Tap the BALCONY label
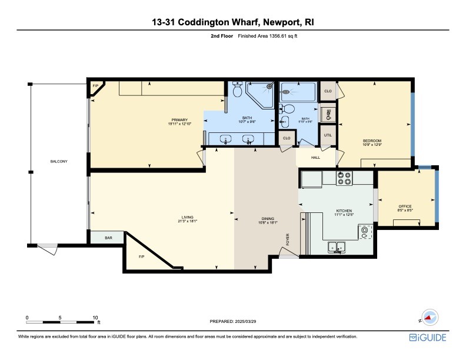tap(58, 161)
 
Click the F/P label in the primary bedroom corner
tap(95, 86)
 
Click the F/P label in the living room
tap(141, 257)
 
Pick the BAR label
tap(108, 238)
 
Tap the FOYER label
tap(288, 239)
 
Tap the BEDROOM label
tap(372, 141)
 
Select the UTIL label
tap(328, 135)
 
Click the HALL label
tap(315, 157)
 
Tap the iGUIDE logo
tap(428, 338)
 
